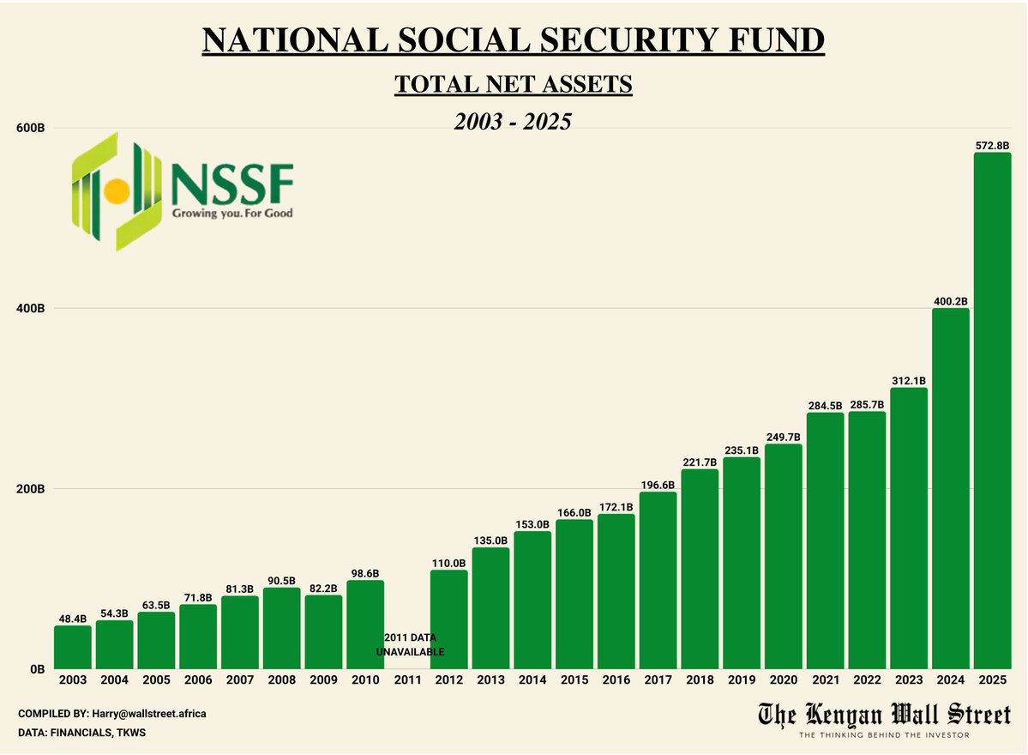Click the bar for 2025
pyautogui.click(x=992, y=412)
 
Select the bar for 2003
pyautogui.click(x=72, y=648)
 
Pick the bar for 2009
pyautogui.click(x=323, y=632)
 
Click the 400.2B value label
pyautogui.click(x=950, y=301)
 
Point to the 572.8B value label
pyautogui.click(x=992, y=146)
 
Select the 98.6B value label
pyautogui.click(x=365, y=573)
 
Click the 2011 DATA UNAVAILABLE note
pyautogui.click(x=410, y=645)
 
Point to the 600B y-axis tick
pyautogui.click(x=31, y=128)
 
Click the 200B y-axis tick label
pyautogui.click(x=31, y=489)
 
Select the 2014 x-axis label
pyautogui.click(x=532, y=680)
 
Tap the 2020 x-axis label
pyautogui.click(x=783, y=680)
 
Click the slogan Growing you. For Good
pyautogui.click(x=231, y=212)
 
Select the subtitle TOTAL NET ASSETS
pyautogui.click(x=513, y=85)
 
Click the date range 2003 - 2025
pyautogui.click(x=513, y=122)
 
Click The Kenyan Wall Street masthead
pyautogui.click(x=884, y=715)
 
